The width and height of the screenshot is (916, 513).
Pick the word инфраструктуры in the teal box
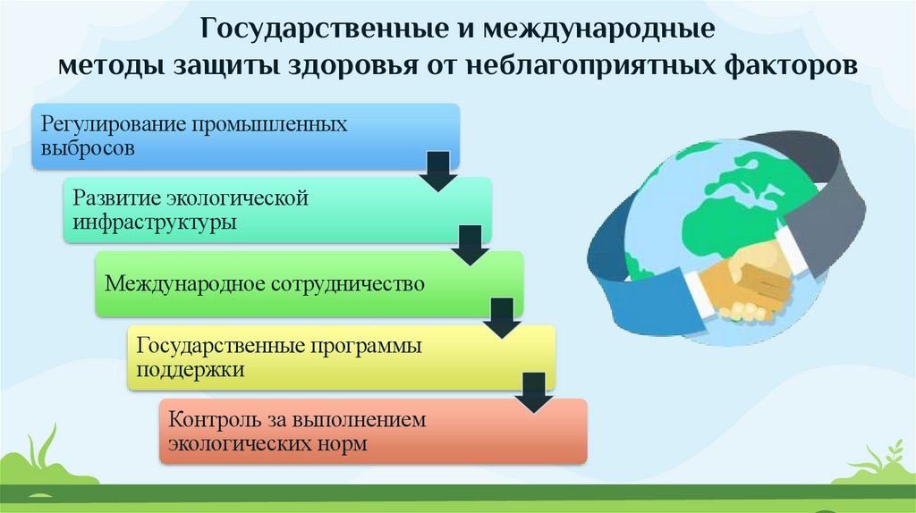coord(155,222)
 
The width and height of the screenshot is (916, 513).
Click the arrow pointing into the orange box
coord(534,393)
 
